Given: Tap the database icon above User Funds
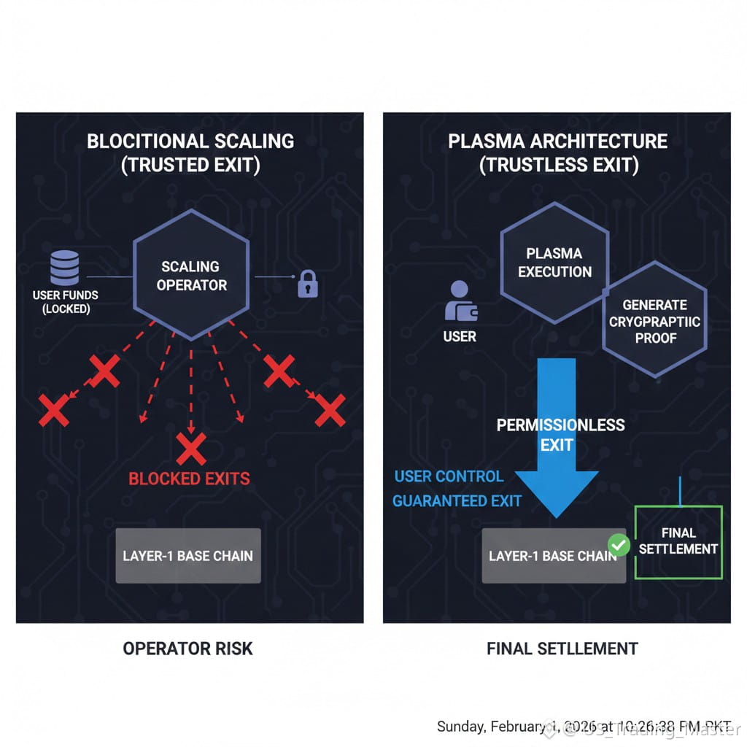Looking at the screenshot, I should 65,268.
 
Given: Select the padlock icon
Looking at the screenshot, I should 308,283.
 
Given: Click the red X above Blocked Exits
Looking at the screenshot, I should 191,446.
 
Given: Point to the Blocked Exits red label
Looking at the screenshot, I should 189,479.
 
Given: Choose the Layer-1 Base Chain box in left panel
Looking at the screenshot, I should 188,556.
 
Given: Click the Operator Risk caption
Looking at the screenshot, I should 187,648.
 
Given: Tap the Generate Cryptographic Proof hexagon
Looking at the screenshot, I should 654,321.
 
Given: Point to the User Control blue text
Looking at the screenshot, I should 449,476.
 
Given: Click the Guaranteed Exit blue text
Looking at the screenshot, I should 457,501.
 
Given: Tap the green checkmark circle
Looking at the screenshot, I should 619,544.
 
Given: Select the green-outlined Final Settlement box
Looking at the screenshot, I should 678,541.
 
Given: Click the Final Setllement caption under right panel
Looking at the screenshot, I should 562,648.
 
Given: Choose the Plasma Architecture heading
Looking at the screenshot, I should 557,141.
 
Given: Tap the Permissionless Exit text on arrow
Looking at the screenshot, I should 560,435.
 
